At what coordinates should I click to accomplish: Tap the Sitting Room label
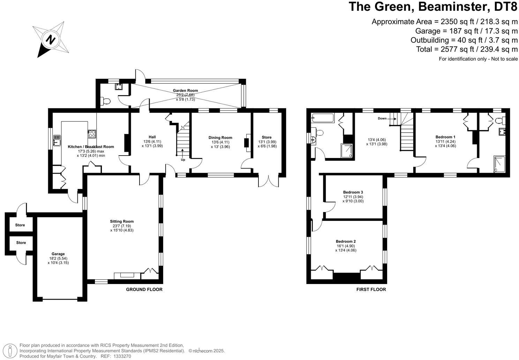[x=122, y=222]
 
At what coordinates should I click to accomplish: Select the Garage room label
[x=58, y=254]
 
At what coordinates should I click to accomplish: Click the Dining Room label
[x=220, y=137]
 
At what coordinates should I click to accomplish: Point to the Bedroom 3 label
[x=353, y=192]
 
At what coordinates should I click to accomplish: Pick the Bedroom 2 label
[x=346, y=241]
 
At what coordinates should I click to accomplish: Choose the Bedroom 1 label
[x=445, y=137]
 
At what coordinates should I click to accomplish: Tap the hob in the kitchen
[x=92, y=134]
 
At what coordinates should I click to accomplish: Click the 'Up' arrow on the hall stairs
[x=183, y=153]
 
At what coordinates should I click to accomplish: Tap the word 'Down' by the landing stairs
[x=382, y=119]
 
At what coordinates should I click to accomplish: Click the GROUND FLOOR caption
[x=144, y=290]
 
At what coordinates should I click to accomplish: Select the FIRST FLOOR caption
[x=371, y=290]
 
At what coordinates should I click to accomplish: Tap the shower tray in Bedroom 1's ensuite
[x=499, y=164]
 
